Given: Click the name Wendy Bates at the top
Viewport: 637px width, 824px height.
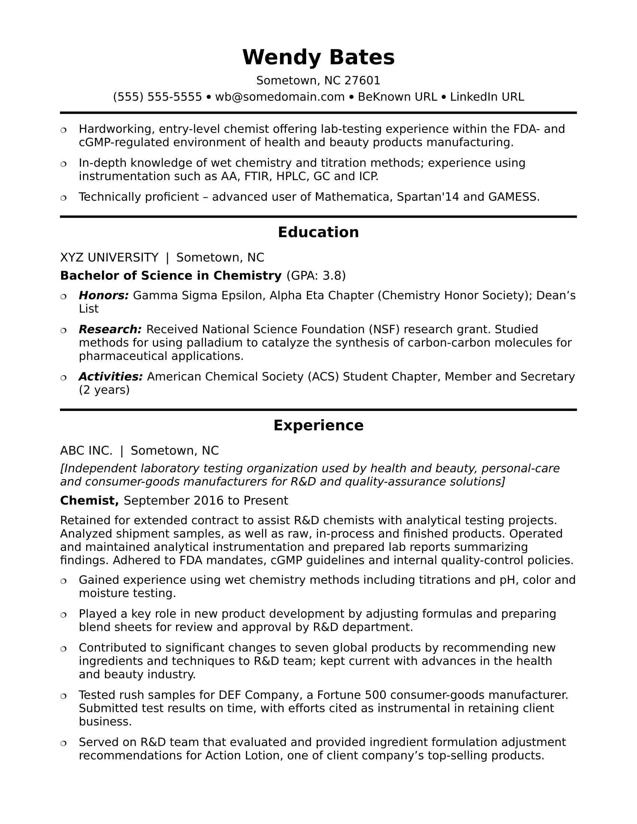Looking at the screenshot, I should (318, 57).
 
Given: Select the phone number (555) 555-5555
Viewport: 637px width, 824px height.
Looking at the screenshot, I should (157, 97).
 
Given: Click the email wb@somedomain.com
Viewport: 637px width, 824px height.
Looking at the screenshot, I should (280, 97).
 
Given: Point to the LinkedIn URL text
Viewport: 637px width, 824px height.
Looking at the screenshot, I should (487, 97).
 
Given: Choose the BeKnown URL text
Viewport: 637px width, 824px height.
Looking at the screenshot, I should (397, 97).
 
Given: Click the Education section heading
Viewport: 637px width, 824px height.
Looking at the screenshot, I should (318, 232).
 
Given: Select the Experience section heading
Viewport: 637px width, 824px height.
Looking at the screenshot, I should (318, 425).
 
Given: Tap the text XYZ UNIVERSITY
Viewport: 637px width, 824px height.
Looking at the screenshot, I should (109, 257).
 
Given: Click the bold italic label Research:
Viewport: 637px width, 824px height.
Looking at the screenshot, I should (110, 329).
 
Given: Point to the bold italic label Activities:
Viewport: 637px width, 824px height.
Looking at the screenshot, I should (111, 376).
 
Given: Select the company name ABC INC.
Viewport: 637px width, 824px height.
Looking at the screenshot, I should (86, 451).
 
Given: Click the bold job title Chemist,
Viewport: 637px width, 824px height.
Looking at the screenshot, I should (90, 501).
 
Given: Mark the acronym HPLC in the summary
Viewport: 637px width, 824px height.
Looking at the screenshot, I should (293, 176).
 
